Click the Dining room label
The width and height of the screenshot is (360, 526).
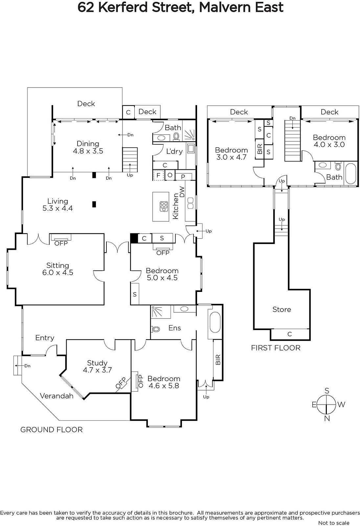pyautogui.click(x=88, y=147)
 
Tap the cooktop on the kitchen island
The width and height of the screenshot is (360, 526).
pyautogui.click(x=164, y=207)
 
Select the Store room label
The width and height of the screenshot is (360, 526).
pyautogui.click(x=281, y=309)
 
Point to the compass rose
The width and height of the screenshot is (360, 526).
pyautogui.click(x=326, y=405)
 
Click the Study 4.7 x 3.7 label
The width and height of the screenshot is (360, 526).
pyautogui.click(x=97, y=366)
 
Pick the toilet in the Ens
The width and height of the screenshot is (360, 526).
pyautogui.click(x=155, y=329)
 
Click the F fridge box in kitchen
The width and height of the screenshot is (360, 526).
pyautogui.click(x=158, y=176)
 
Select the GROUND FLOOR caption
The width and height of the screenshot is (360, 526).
pyautogui.click(x=51, y=430)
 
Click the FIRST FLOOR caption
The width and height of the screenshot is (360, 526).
pyautogui.click(x=276, y=348)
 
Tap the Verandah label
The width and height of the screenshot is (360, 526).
pyautogui.click(x=56, y=396)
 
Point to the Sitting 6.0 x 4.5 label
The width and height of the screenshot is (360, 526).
pyautogui.click(x=57, y=269)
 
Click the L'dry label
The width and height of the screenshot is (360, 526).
pyautogui.click(x=174, y=152)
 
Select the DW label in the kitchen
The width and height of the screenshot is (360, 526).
pyautogui.click(x=182, y=192)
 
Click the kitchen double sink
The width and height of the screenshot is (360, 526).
pyautogui.click(x=190, y=203)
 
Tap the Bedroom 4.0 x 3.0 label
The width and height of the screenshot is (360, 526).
pyautogui.click(x=329, y=141)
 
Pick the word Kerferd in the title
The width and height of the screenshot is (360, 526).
pyautogui.click(x=123, y=7)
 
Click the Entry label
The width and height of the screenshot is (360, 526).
pyautogui.click(x=45, y=338)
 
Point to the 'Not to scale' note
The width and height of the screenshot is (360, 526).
pyautogui.click(x=334, y=523)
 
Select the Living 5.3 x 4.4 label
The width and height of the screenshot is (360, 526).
pyautogui.click(x=57, y=204)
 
